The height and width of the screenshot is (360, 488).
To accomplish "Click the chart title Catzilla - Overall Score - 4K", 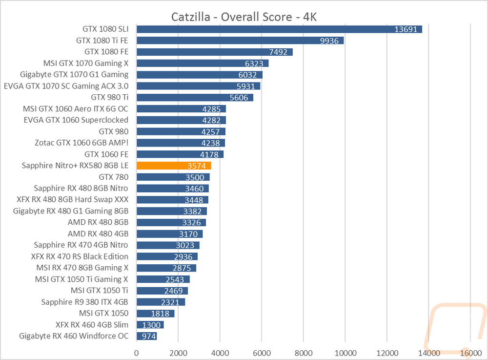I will tap(244, 17).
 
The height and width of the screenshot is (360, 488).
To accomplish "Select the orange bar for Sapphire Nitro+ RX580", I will tap(173, 166).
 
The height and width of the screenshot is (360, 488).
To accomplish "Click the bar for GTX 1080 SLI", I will tap(279, 29).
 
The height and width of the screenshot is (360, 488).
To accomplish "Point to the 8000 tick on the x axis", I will tap(303, 352).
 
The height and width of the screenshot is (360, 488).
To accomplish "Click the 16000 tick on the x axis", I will tap(470, 352).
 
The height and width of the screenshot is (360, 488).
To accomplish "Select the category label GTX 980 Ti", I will tap(110, 97).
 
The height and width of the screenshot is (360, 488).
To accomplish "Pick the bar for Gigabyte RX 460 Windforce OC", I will tap(146, 336).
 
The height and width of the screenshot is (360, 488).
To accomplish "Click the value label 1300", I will tap(151, 325).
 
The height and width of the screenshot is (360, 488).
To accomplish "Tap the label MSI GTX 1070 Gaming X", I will tap(86, 63).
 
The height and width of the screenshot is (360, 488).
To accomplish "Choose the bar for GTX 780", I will tap(173, 177).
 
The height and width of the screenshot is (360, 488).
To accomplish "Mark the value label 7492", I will tap(277, 52).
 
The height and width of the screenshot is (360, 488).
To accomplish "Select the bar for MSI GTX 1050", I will tap(155, 313).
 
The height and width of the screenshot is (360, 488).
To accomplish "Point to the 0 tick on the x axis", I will tap(137, 352).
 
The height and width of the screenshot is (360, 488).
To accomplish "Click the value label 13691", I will tap(406, 29).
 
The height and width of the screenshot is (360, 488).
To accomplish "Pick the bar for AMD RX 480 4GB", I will tap(169, 233).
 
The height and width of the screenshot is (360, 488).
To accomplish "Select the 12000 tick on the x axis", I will tap(386, 352).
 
